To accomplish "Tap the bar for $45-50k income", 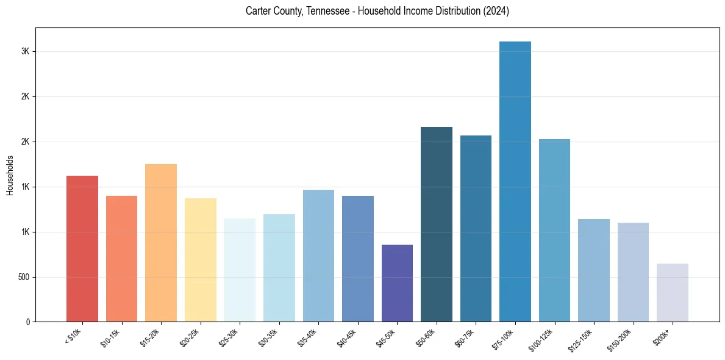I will click(x=397, y=283).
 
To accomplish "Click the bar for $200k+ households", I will click(x=673, y=293).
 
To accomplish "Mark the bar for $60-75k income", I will click(x=476, y=229).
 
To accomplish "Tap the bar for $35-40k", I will click(x=318, y=256).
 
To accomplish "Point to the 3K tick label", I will click(x=25, y=52).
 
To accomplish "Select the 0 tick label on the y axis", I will click(x=27, y=322).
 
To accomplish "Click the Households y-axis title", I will click(x=10, y=175).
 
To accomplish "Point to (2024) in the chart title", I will click(x=496, y=12).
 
